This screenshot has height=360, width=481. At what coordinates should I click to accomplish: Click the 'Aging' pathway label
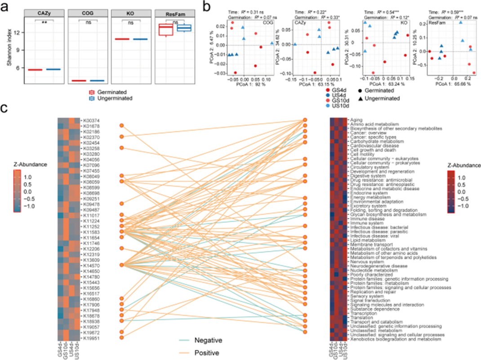click(x=356, y=119)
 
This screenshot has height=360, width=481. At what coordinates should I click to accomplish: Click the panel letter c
click(x=4, y=109)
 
